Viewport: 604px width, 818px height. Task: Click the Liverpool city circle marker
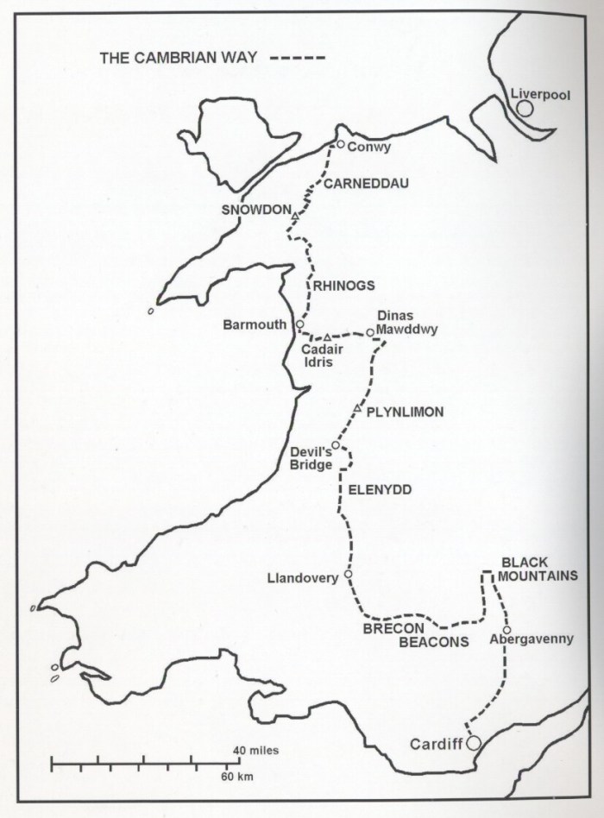(525, 109)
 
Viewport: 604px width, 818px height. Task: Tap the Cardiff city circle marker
(473, 743)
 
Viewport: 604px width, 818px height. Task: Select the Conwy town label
(368, 147)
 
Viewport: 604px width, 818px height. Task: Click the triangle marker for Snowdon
(295, 215)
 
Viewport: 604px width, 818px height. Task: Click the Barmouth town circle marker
(299, 324)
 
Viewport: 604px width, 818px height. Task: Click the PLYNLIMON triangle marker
(358, 407)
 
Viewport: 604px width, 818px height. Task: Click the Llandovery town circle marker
(348, 574)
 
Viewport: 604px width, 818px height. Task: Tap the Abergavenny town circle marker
(506, 629)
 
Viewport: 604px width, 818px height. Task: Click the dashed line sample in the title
(297, 58)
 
